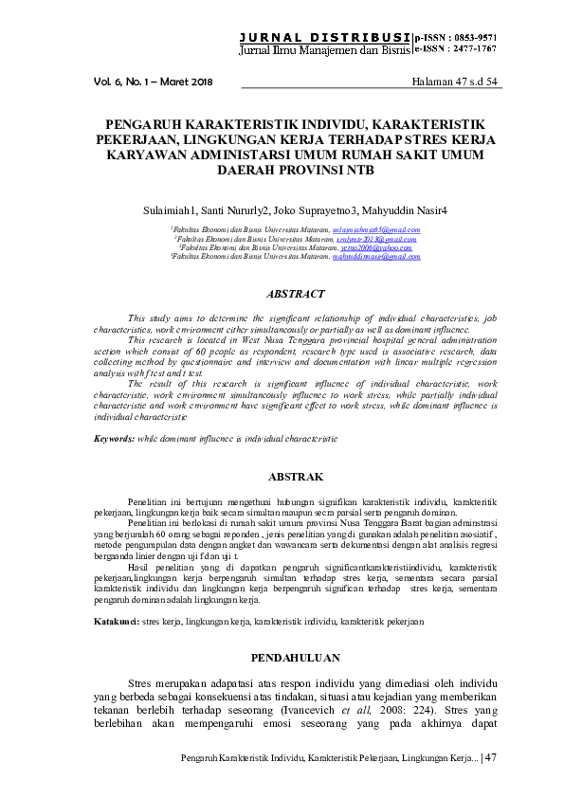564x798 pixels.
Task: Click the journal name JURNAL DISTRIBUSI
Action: tap(324, 36)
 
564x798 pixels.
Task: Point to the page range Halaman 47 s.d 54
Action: tap(455, 82)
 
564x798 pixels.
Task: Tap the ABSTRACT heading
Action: tap(296, 295)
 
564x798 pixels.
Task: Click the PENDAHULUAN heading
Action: tap(297, 657)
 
